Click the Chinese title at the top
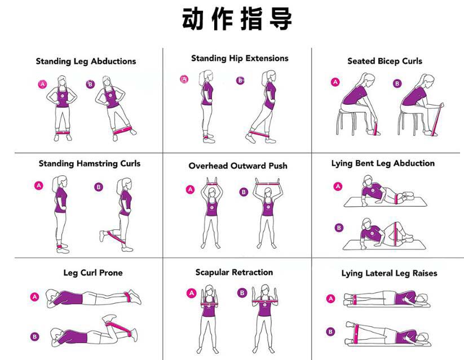[x=237, y=19]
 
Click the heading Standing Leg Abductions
[x=86, y=61]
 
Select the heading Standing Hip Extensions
[x=240, y=59]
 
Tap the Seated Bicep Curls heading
[x=385, y=61]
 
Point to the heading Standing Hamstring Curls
[x=89, y=164]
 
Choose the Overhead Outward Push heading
[x=237, y=166]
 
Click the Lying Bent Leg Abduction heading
[x=383, y=164]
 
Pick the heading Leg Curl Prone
[x=92, y=273]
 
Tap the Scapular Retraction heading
[x=234, y=273]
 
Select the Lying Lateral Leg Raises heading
[x=389, y=274]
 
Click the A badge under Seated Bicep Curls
[x=335, y=82]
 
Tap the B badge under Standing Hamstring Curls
[x=99, y=187]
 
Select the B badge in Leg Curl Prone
[x=35, y=337]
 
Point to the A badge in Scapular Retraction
[x=191, y=293]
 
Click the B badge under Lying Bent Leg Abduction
[x=339, y=228]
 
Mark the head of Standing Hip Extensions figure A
[x=206, y=76]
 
